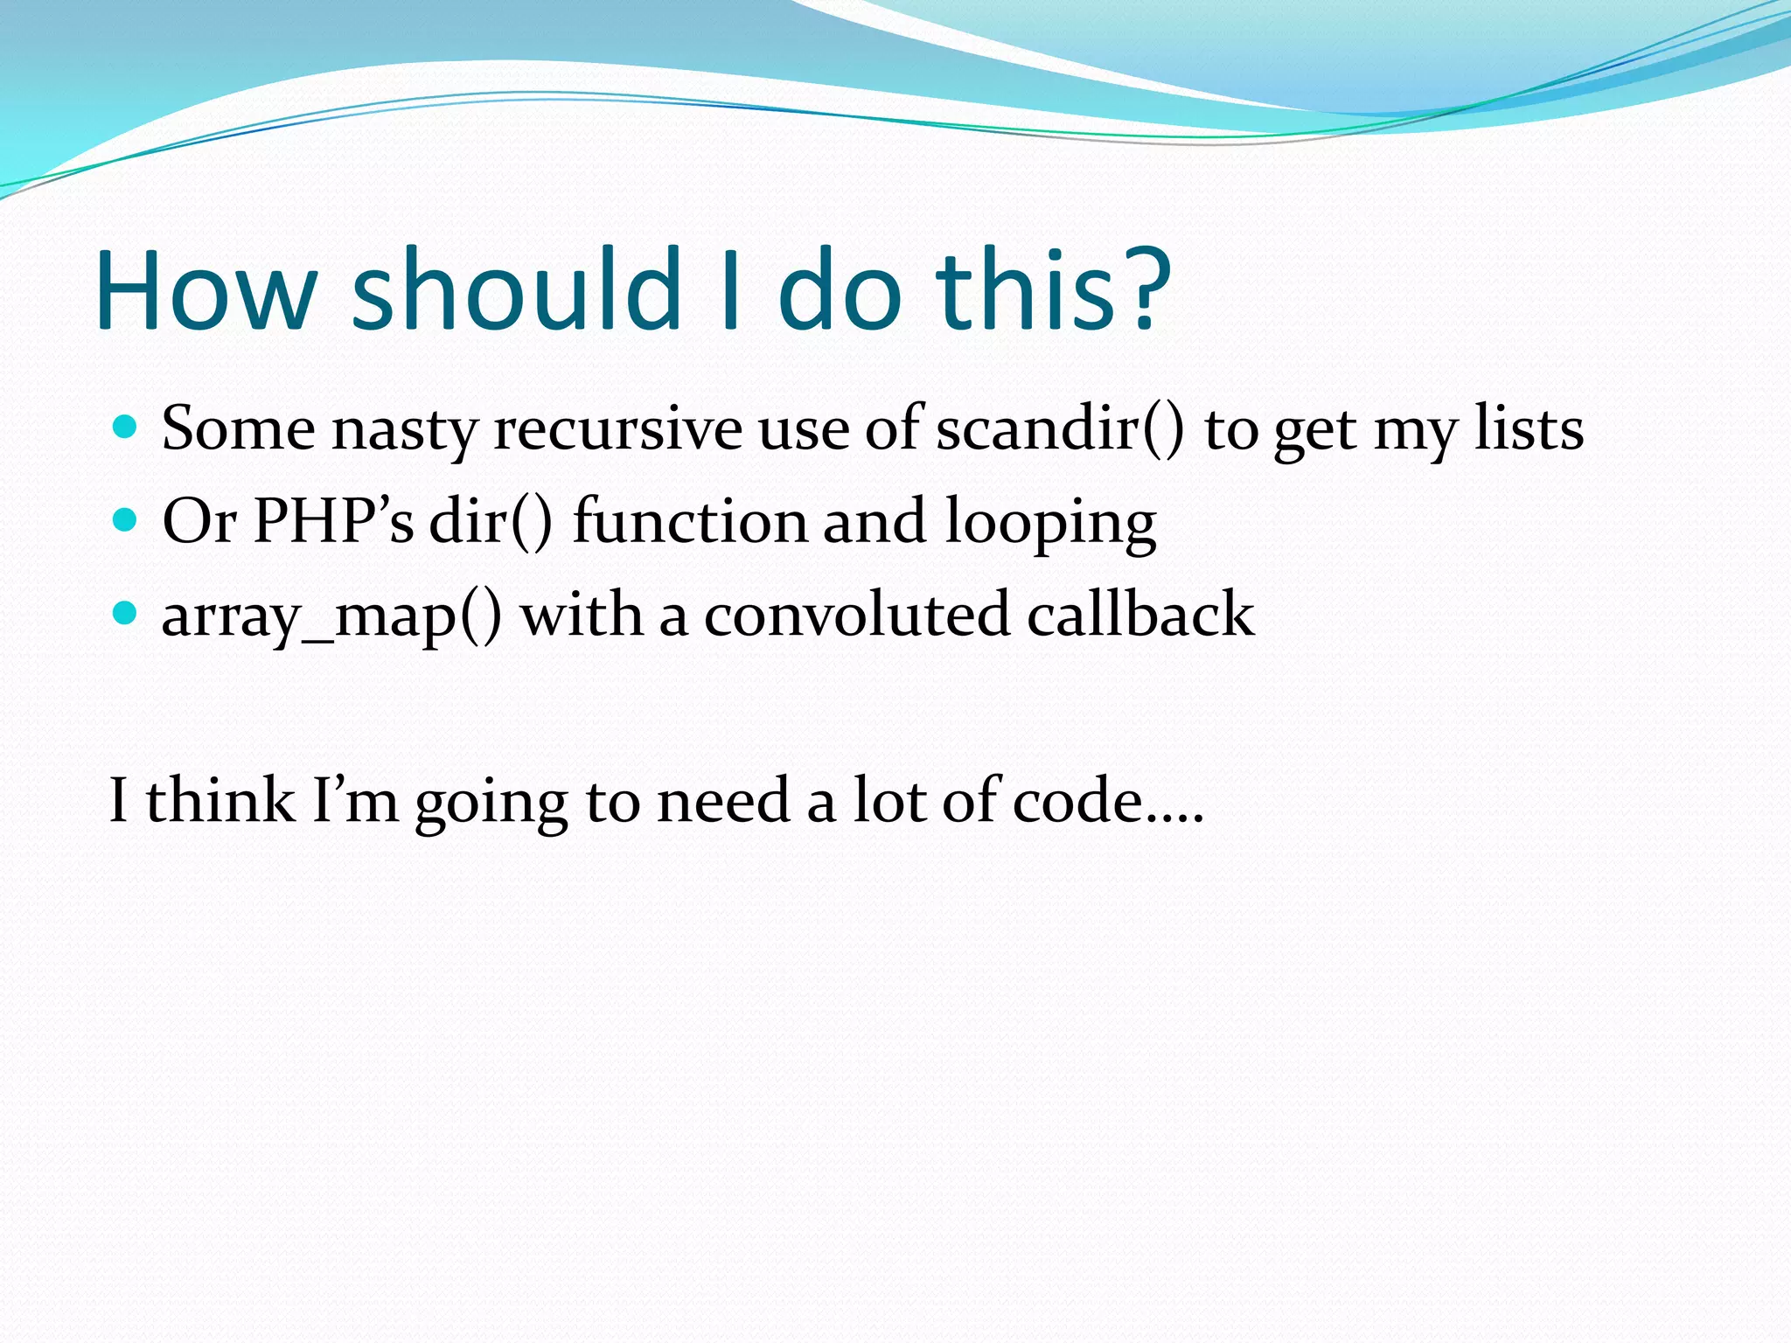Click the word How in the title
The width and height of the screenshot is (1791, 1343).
pos(206,291)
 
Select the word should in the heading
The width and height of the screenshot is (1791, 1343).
pos(516,291)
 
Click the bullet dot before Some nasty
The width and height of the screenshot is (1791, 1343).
pos(126,428)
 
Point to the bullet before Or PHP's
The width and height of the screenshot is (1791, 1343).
pos(126,521)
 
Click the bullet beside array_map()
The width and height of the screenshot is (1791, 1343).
pos(126,614)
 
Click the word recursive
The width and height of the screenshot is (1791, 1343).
pos(617,430)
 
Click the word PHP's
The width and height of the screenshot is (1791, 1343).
pos(333,522)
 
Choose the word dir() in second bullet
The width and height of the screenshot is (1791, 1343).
pos(491,522)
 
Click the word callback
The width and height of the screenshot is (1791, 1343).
pos(1140,614)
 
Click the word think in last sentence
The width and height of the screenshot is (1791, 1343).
pos(220,801)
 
